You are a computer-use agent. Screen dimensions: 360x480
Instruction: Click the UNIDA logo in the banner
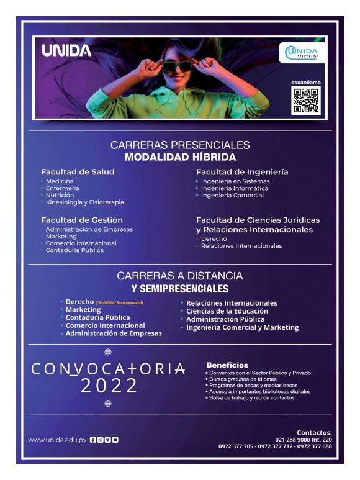tap(66, 51)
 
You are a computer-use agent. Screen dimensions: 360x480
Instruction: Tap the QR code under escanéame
tap(305, 101)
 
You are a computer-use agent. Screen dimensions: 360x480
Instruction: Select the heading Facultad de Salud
tap(78, 171)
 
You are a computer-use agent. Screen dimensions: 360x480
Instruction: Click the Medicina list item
tap(60, 181)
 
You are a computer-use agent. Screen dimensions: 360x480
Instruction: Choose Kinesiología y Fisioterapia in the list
tap(84, 202)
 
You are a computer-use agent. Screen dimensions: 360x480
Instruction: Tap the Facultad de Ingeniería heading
tap(242, 171)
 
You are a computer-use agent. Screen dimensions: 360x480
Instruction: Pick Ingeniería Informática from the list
tap(235, 188)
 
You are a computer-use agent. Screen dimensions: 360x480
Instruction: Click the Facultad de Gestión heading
tap(82, 220)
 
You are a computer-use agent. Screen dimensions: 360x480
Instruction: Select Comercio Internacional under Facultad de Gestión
tap(81, 243)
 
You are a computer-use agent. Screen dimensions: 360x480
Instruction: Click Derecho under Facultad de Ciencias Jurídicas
tap(214, 238)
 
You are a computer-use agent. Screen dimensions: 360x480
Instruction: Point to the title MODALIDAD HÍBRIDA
tap(180, 157)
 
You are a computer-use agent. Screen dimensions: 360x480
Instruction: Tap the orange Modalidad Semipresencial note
tap(119, 302)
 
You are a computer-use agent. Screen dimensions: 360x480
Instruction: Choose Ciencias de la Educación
tap(227, 310)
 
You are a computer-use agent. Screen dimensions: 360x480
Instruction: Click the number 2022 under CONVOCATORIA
tap(109, 386)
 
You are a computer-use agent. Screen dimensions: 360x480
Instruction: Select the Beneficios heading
tap(227, 365)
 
